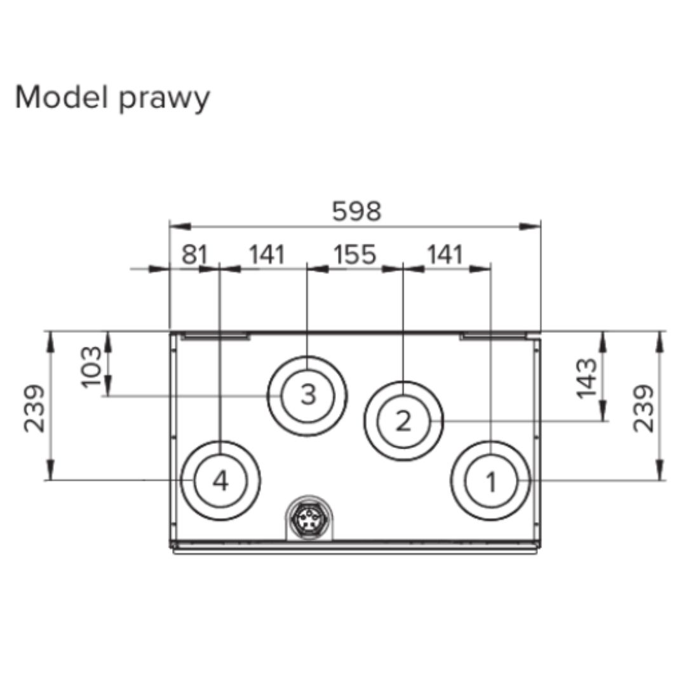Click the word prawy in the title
164,100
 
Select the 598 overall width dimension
356,212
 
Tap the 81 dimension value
195,254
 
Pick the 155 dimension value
355,254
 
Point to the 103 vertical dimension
91,367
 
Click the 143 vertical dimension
586,378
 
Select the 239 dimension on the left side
34,408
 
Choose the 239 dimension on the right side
643,408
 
